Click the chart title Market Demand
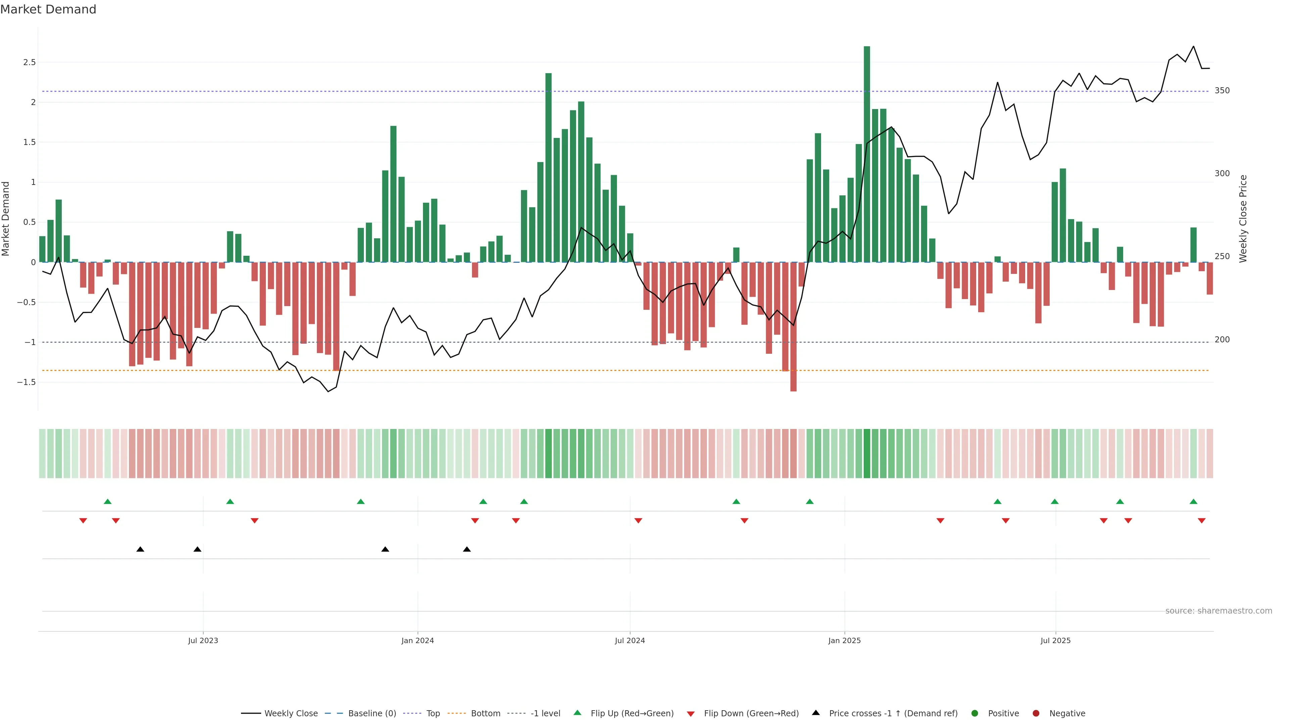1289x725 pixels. [48, 9]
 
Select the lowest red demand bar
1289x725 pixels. [793, 328]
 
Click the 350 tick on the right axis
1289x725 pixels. [1222, 91]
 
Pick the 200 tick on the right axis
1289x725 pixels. [1222, 340]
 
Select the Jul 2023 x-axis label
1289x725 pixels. [203, 640]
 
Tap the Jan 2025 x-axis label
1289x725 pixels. [844, 640]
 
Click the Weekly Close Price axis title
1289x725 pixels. [1243, 219]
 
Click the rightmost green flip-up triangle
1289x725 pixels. [1193, 501]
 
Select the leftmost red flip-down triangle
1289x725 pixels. [83, 521]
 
